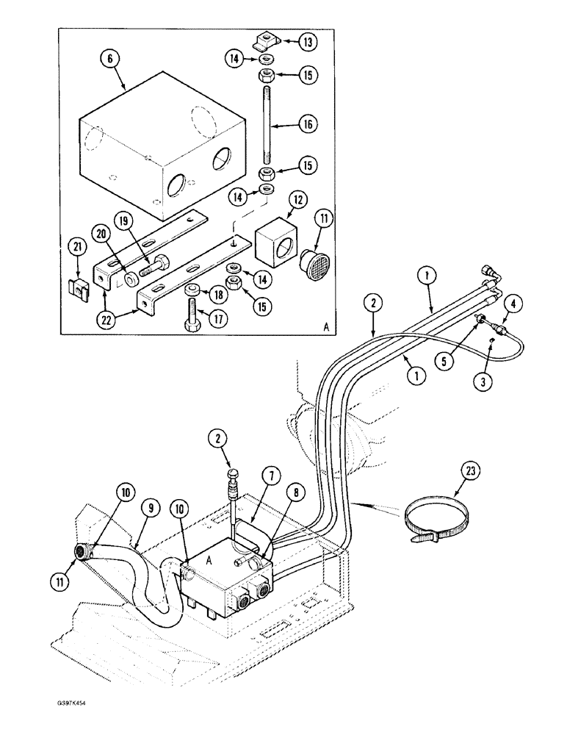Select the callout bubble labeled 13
(308, 43)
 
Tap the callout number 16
(308, 125)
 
